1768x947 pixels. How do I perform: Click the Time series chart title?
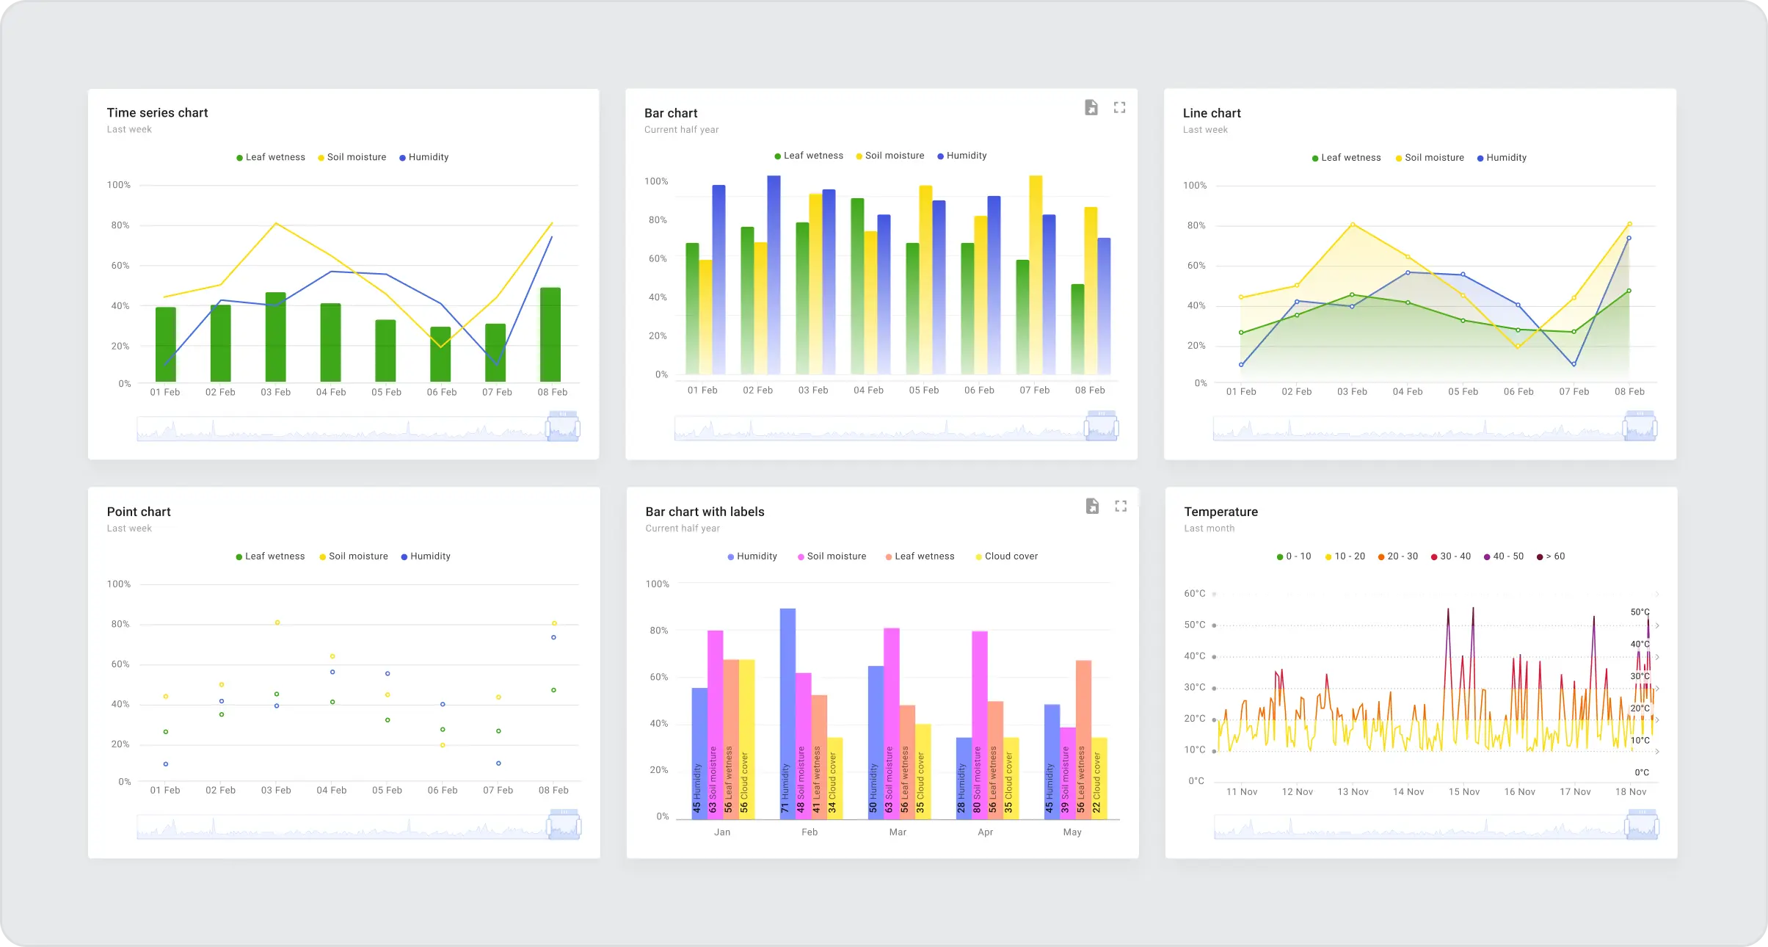pyautogui.click(x=157, y=112)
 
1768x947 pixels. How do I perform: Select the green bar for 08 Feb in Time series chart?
pyautogui.click(x=550, y=334)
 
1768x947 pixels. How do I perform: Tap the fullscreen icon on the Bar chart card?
pyautogui.click(x=1119, y=107)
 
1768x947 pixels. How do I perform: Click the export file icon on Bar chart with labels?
pyautogui.click(x=1092, y=506)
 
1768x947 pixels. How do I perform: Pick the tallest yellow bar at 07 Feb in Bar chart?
pyautogui.click(x=1036, y=275)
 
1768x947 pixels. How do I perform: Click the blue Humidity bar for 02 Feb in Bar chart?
pyautogui.click(x=774, y=275)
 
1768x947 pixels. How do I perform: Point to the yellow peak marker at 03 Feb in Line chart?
pyautogui.click(x=1352, y=225)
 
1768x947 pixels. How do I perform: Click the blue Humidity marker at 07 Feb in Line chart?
pyautogui.click(x=1574, y=364)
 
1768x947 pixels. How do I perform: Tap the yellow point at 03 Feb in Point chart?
pyautogui.click(x=277, y=623)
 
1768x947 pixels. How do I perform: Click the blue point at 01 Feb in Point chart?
pyautogui.click(x=166, y=764)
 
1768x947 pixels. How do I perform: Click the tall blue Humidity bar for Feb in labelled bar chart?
pyautogui.click(x=787, y=712)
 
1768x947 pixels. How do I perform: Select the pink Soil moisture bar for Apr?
pyautogui.click(x=979, y=723)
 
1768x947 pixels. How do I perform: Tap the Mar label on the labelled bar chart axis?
pyautogui.click(x=898, y=832)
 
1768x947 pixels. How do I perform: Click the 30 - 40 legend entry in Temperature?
pyautogui.click(x=1451, y=556)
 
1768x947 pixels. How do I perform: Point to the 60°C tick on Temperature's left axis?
pyautogui.click(x=1194, y=593)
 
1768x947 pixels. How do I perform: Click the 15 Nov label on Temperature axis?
pyautogui.click(x=1463, y=791)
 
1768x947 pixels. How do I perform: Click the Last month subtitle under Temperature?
pyautogui.click(x=1209, y=528)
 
